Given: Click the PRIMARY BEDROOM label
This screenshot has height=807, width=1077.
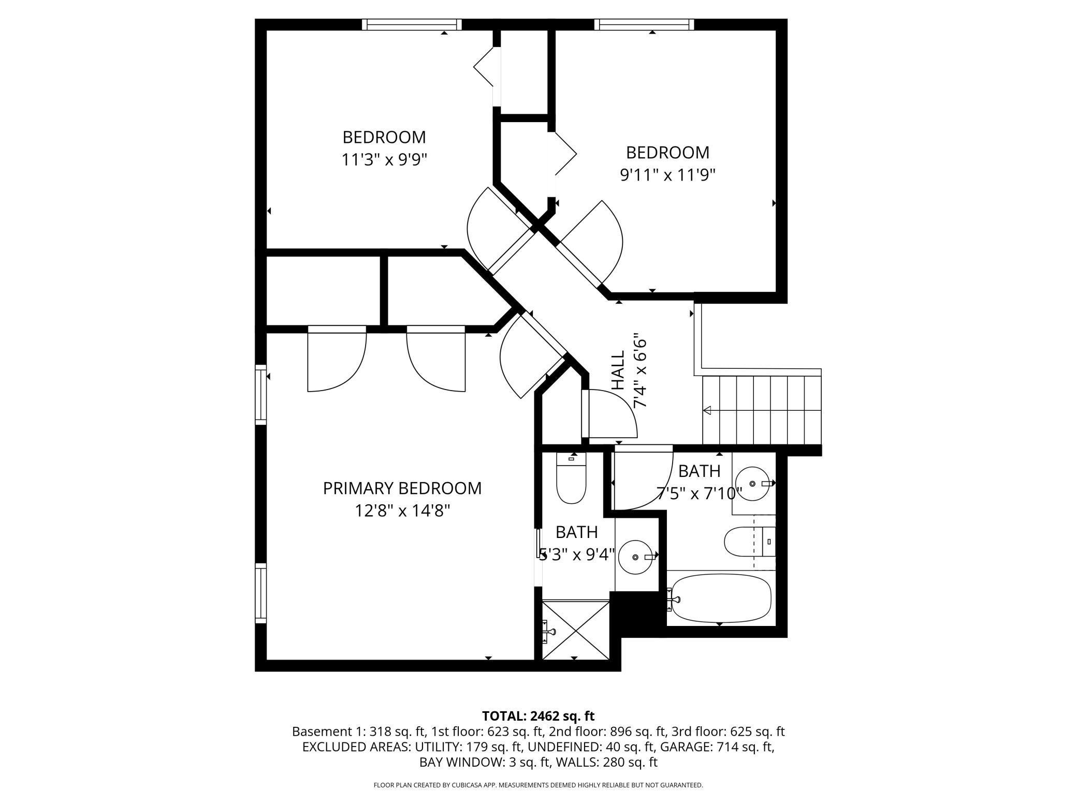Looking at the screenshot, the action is (402, 488).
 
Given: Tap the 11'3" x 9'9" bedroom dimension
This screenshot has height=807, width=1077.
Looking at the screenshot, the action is (384, 160).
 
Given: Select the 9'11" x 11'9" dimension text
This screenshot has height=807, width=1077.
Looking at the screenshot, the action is (668, 175).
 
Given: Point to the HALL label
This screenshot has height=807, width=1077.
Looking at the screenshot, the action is (618, 370).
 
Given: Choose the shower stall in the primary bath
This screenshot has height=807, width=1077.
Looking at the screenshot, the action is (576, 630).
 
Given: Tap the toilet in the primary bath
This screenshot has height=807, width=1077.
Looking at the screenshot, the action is (571, 477).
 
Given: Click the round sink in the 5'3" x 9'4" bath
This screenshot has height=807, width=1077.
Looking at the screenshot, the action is (636, 557).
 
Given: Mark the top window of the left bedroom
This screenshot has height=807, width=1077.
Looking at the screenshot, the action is (412, 24).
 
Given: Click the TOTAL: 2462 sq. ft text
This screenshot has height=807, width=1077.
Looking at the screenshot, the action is (538, 716).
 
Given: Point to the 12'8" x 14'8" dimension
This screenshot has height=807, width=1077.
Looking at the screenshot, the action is (402, 511).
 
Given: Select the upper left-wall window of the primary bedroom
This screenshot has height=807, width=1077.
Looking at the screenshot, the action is (260, 395).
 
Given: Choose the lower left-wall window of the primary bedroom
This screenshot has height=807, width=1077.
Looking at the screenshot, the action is (260, 593).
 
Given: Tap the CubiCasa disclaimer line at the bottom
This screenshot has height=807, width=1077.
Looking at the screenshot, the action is (538, 785).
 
